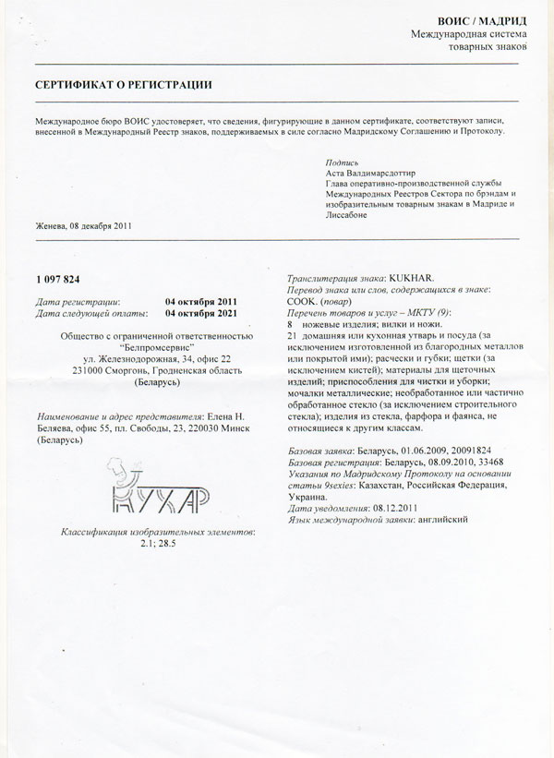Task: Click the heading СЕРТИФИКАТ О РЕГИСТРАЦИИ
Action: pyautogui.click(x=124, y=84)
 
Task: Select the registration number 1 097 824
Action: pyautogui.click(x=59, y=279)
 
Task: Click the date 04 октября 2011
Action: pyautogui.click(x=201, y=301)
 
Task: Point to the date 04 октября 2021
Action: pyautogui.click(x=201, y=312)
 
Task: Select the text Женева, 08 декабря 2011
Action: pyautogui.click(x=84, y=227)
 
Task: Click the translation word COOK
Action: pyautogui.click(x=304, y=302)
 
